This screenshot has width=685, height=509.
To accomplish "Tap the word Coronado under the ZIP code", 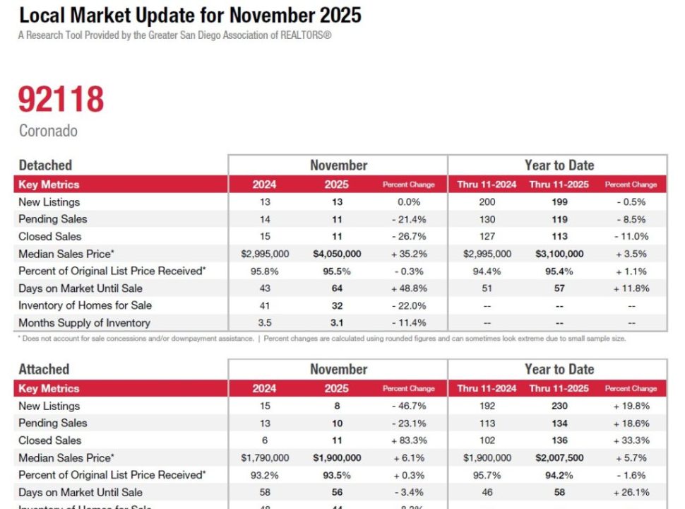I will pos(48,131).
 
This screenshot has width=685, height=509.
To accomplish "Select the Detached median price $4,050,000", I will pos(337,254).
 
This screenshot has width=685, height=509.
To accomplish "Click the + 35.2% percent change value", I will pos(409,254).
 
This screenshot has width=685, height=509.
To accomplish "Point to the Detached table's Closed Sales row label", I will pos(50,236).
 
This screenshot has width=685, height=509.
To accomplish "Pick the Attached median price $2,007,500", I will pos(559,457).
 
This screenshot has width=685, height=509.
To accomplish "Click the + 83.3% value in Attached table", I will pos(409,440).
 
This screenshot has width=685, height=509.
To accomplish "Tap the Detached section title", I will pos(45,165).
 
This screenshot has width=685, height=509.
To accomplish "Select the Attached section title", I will pos(44,369).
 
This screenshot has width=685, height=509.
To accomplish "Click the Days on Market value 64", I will pos(337,288).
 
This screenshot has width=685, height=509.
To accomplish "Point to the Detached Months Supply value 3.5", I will pos(265,323).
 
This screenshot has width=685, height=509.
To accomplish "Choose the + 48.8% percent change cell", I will pos(409,288).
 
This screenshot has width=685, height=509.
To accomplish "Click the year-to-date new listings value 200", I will pos(487,202).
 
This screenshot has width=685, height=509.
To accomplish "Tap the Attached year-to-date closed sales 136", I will pos(559,440).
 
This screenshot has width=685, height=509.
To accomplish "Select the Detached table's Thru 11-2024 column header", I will pos(487,185).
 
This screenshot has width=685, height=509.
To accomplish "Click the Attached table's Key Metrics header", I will pos(49,388).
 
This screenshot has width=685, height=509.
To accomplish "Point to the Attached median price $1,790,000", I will pos(265,457).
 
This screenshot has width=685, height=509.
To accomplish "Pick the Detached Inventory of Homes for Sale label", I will pos(85,305).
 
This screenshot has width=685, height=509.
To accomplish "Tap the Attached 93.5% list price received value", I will pos(337,475).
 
